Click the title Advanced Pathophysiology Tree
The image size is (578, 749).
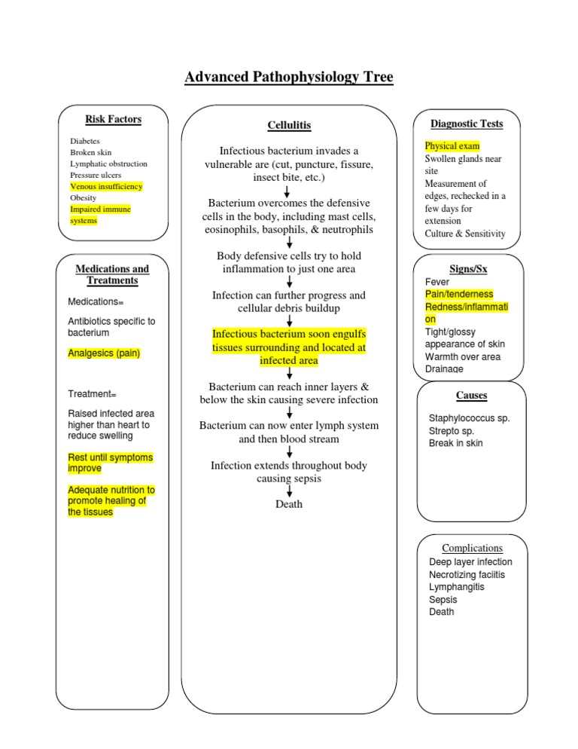[289, 77]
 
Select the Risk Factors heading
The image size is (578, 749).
[114, 119]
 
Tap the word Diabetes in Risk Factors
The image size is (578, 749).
[85, 141]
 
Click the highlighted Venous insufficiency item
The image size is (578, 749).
[106, 186]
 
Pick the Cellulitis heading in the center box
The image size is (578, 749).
[289, 125]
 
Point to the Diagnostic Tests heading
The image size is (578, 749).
[467, 124]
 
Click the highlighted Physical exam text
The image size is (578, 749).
[452, 146]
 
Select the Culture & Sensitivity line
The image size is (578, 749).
[465, 234]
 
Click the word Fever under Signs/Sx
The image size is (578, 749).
[437, 282]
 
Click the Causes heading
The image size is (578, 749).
[471, 395]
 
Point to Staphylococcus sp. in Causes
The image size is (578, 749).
[469, 418]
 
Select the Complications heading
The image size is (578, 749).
[472, 548]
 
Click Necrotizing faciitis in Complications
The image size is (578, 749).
[467, 575]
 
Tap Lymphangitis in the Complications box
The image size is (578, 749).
[457, 587]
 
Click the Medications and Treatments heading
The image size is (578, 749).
[113, 274]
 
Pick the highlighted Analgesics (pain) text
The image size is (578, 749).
[104, 353]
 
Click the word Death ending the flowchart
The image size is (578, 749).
[289, 504]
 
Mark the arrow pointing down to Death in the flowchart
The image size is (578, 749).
[289, 491]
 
